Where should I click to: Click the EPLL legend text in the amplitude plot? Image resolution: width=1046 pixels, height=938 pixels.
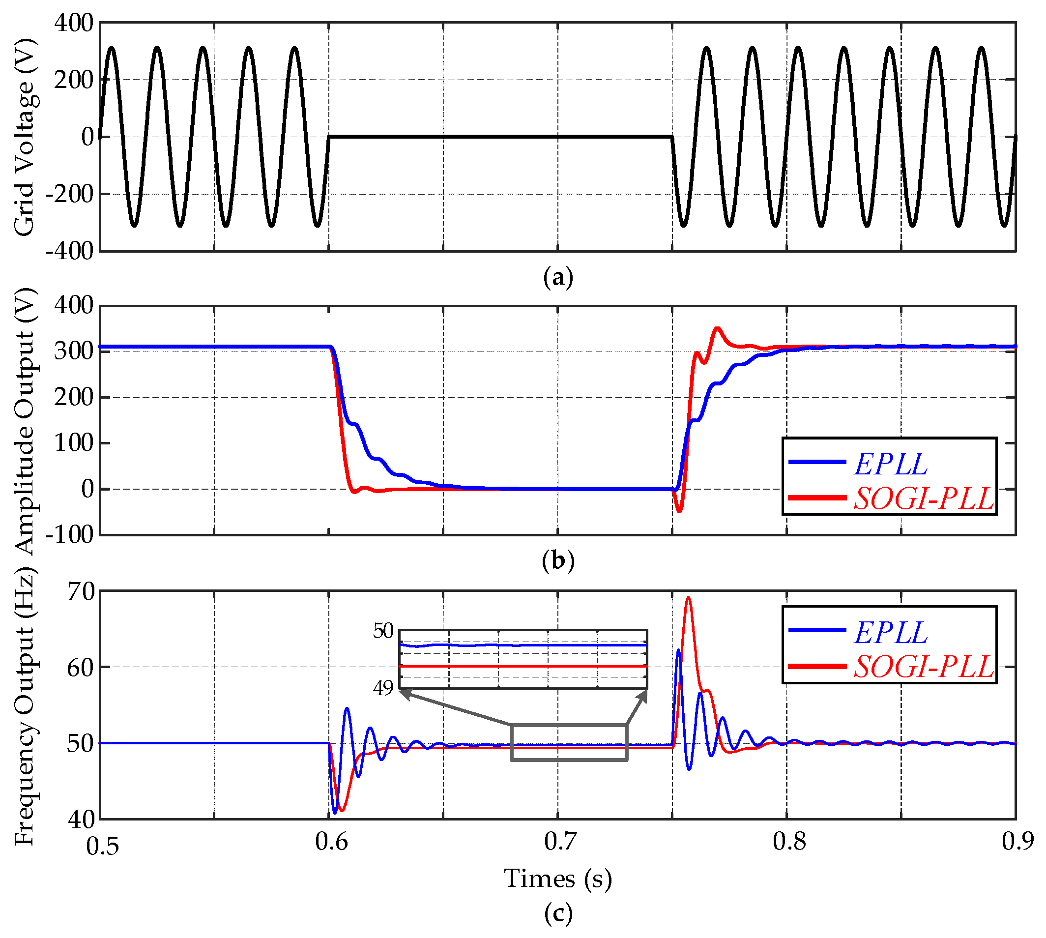[x=890, y=465]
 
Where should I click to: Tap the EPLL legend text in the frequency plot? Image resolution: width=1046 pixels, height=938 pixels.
[x=890, y=633]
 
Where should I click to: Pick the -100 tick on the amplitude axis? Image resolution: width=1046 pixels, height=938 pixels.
[x=70, y=535]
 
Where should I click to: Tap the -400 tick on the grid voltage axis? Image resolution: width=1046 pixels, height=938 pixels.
[x=70, y=252]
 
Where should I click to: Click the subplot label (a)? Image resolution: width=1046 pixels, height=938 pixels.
[x=558, y=278]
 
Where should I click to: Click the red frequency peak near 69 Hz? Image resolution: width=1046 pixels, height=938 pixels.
[x=688, y=598]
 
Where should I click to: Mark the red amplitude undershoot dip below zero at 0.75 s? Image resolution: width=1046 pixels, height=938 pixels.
[x=679, y=511]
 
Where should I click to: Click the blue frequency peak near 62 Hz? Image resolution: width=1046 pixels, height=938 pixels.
[x=678, y=650]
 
